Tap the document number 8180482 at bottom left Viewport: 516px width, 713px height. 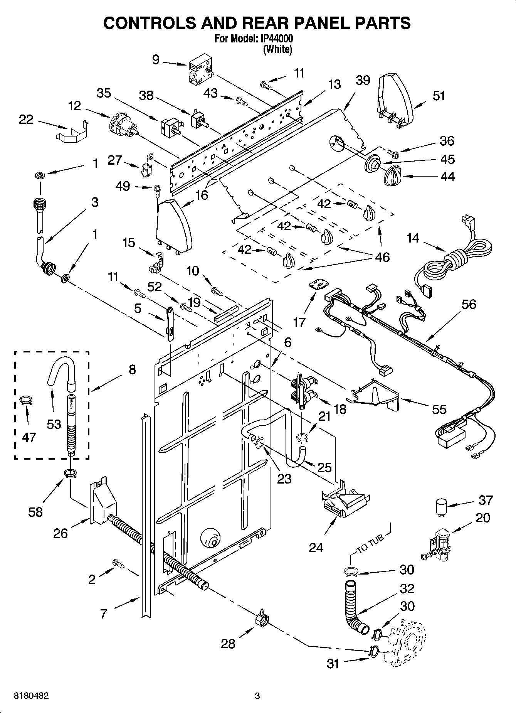[x=31, y=696]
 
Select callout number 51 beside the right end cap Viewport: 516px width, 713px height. [x=439, y=96]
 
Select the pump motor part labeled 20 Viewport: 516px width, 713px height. [x=437, y=544]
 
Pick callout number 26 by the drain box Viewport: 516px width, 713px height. [x=61, y=534]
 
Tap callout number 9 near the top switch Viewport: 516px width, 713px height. [x=156, y=60]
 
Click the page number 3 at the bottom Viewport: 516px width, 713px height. [x=257, y=696]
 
